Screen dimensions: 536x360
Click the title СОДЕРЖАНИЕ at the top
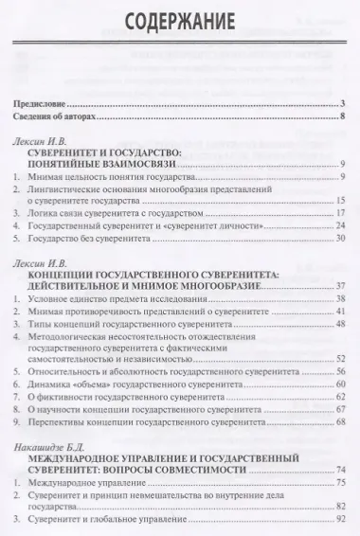(180, 21)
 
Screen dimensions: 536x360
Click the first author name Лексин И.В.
(43, 141)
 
